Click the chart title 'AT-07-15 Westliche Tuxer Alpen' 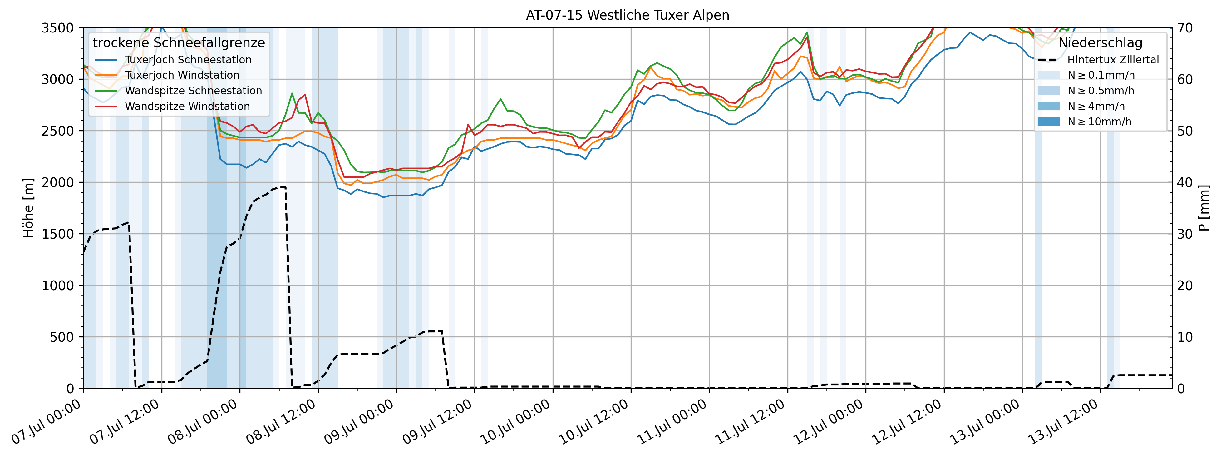(x=627, y=15)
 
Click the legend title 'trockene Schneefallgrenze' (x=179, y=43)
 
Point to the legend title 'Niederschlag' (x=1100, y=43)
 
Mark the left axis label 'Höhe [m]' (x=28, y=208)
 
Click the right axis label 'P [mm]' (x=1204, y=208)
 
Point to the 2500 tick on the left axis (x=58, y=131)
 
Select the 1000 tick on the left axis (x=58, y=286)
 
